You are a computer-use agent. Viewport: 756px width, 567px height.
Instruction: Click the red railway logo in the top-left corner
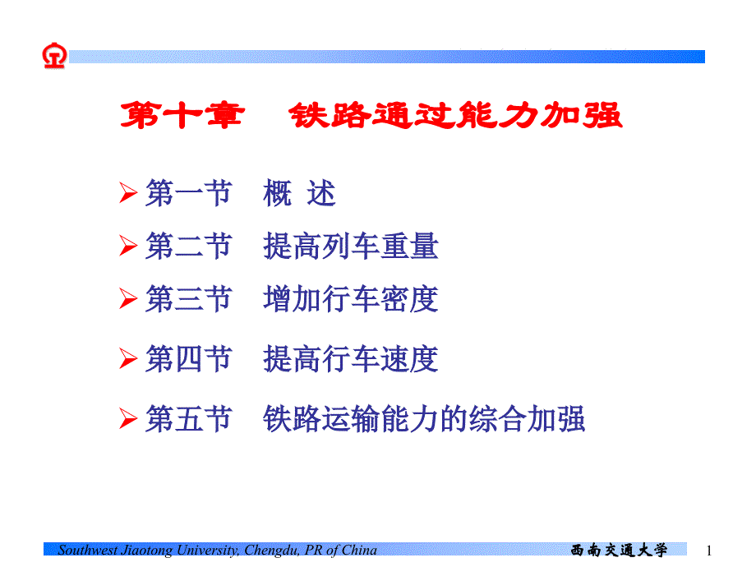click(54, 56)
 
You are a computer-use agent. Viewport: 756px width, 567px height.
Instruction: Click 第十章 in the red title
click(182, 116)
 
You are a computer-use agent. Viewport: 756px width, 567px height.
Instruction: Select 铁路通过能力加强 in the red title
click(456, 116)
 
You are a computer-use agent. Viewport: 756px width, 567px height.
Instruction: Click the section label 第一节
click(188, 195)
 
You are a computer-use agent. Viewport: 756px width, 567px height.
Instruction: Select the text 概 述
click(300, 195)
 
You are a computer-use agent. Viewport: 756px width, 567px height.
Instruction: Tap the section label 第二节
click(188, 247)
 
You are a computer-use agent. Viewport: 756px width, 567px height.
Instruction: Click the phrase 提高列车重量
click(351, 247)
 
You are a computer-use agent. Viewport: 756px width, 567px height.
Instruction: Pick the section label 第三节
click(188, 299)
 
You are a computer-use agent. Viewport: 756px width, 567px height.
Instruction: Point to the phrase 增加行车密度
click(351, 299)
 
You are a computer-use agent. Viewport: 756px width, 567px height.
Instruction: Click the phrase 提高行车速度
click(351, 359)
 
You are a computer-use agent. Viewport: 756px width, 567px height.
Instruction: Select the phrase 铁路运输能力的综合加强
click(424, 419)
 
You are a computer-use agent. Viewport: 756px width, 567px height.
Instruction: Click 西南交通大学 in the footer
click(619, 551)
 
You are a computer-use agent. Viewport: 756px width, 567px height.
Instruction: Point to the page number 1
click(709, 551)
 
